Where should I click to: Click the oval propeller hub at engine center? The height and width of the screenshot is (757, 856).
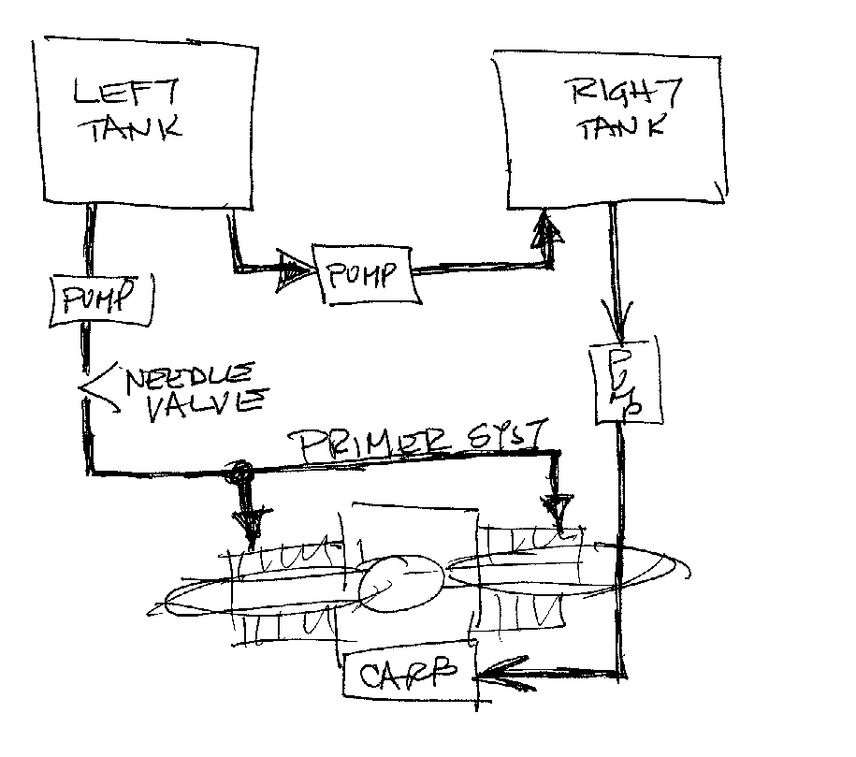click(400, 584)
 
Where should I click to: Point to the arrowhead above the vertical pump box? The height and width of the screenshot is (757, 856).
click(617, 328)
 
